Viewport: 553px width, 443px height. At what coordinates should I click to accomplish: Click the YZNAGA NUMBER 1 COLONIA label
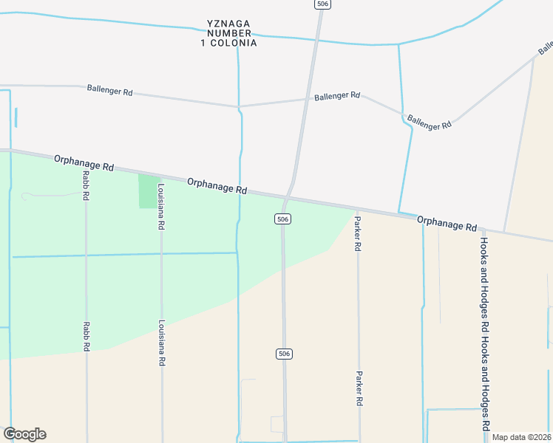coord(228,33)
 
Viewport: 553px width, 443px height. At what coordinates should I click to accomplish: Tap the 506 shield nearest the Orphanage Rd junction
coord(282,219)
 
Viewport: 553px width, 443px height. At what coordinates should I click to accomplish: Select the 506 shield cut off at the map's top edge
coord(321,4)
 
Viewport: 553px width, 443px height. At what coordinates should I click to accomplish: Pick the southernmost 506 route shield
coord(284,354)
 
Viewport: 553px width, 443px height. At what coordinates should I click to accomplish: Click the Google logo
coord(24,434)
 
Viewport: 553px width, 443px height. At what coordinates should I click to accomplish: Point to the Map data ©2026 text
coord(521,437)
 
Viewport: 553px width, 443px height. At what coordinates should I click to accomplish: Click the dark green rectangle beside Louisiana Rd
coord(148,191)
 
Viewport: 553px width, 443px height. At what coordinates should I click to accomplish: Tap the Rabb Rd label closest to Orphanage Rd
coord(86,188)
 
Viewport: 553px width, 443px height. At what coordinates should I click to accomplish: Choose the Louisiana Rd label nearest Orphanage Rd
coord(160,207)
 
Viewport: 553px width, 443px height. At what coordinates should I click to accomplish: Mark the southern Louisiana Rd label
coord(160,343)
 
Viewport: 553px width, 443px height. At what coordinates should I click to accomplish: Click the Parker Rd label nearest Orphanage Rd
coord(357,234)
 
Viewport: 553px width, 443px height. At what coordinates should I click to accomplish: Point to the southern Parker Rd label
coord(359,388)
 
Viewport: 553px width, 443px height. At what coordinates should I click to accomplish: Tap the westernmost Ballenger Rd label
coord(109,92)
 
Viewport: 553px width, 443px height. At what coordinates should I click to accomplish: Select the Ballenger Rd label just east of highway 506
coord(336,96)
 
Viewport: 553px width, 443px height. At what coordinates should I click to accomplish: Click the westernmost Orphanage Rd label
coord(84,162)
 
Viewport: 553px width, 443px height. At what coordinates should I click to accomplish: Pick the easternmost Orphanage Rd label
coord(447,223)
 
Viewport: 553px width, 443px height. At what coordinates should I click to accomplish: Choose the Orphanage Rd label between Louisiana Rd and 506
coord(217,185)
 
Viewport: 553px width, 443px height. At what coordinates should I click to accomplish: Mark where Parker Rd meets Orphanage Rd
coord(357,210)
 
